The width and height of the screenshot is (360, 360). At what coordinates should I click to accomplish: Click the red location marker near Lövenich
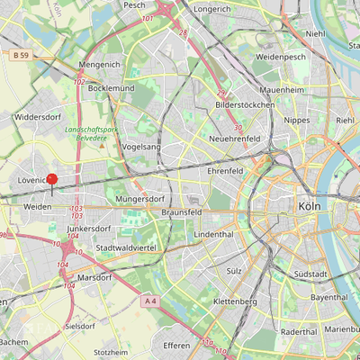51,181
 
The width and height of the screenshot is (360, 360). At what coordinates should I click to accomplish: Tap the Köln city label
307,206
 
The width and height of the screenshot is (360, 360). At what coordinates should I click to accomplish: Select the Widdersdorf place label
37,117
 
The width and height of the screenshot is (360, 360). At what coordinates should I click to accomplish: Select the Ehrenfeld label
225,169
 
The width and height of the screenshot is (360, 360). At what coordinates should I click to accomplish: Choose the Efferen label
176,345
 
